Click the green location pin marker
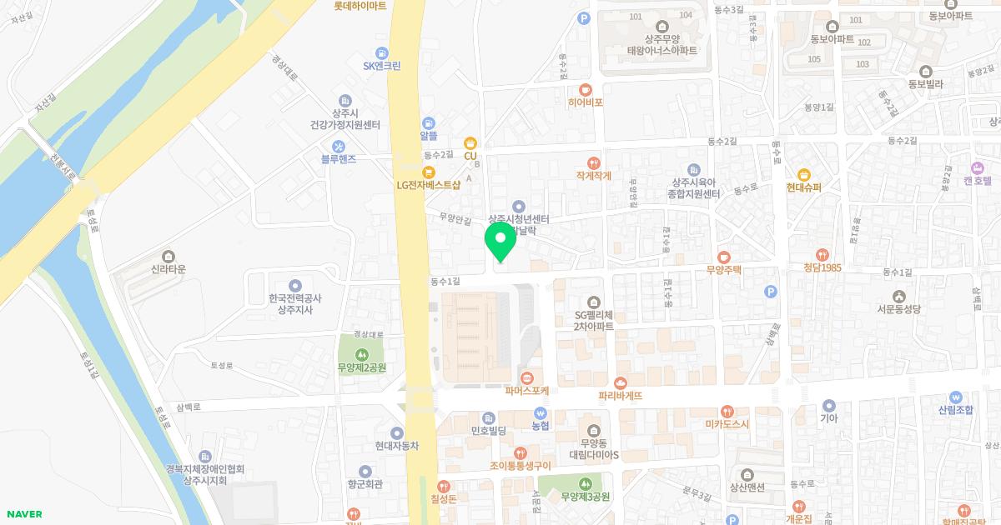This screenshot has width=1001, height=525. click(x=500, y=242)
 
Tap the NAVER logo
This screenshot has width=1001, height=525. click(x=24, y=514)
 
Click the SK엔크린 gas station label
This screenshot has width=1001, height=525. click(x=382, y=66)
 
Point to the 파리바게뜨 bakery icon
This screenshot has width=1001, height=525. click(x=621, y=382)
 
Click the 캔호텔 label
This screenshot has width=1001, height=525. click(x=977, y=180)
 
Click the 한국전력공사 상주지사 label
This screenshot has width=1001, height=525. click(x=295, y=303)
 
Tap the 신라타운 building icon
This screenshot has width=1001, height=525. click(x=169, y=256)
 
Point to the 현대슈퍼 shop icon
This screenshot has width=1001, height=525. click(x=803, y=175)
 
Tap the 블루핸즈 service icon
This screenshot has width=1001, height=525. click(x=339, y=145)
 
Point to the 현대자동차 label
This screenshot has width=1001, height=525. click(x=396, y=446)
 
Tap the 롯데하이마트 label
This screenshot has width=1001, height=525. click(x=360, y=5)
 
